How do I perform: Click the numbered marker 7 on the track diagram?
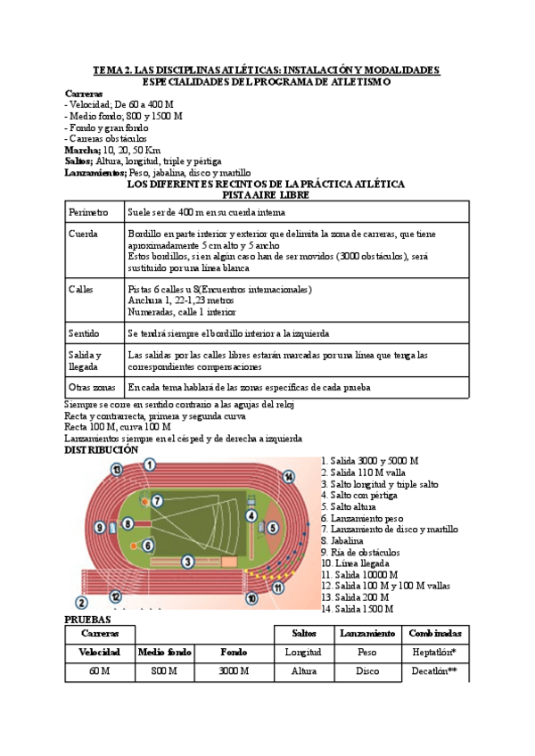point(157,501)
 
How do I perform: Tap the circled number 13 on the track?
point(117,469)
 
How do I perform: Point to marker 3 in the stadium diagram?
point(187,561)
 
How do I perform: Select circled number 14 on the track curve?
point(288,477)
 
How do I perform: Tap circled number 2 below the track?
point(81,603)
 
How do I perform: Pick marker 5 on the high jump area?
point(273,527)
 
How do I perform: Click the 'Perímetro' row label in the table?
point(89,213)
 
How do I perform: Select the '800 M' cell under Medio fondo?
point(164,671)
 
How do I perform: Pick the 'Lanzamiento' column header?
point(367,633)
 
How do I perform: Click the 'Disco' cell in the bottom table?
point(367,671)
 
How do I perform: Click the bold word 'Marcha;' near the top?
point(84,150)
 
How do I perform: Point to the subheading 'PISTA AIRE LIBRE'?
point(266,194)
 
